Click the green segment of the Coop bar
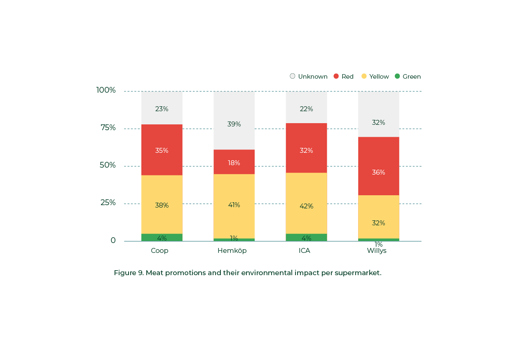tap(162, 237)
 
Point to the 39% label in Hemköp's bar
tap(234, 124)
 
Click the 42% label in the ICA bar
tap(306, 206)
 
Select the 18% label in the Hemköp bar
tap(234, 163)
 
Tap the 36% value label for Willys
tap(378, 172)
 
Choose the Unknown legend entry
tap(309, 77)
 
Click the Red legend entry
tap(344, 77)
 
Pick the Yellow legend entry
tap(375, 77)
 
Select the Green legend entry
tap(408, 77)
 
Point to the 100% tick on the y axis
tap(106, 90)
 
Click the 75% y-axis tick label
tap(108, 128)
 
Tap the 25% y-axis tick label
tap(108, 203)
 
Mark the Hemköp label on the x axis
tap(232, 250)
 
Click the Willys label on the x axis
tap(377, 250)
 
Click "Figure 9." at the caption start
tap(128, 273)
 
